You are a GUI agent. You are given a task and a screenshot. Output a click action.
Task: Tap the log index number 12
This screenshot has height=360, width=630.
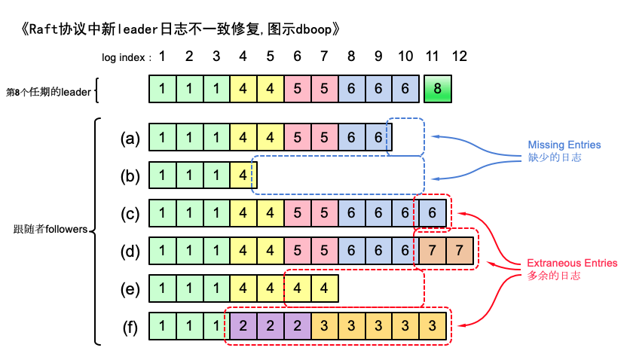459,56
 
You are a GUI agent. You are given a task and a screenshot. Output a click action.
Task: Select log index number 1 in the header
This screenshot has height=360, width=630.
162,56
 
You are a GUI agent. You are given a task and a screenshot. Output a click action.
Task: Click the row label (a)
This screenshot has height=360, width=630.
130,139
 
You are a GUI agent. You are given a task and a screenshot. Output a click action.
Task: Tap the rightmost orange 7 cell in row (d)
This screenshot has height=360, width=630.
460,252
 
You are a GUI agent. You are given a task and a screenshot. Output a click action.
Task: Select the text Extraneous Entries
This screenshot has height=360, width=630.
572,263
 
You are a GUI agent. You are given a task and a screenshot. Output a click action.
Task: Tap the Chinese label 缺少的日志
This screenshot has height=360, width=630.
555,158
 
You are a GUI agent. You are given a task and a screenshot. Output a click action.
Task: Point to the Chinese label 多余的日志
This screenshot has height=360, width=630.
554,276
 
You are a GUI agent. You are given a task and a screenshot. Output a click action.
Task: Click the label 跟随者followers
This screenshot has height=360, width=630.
50,228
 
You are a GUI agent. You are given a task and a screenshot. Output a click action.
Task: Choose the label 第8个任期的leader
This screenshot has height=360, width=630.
48,92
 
